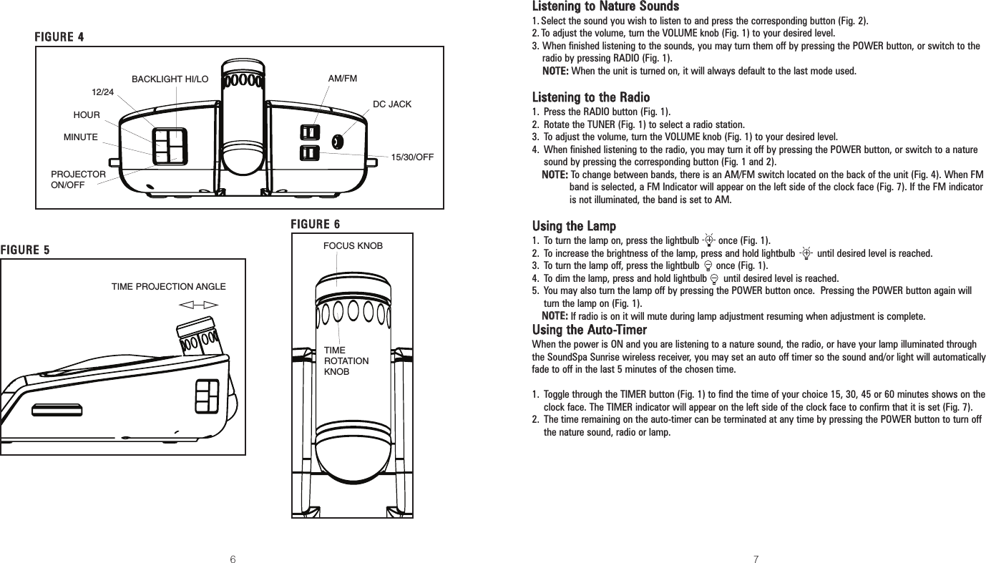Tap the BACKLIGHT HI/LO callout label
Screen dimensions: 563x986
coord(170,79)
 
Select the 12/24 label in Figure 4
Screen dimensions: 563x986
coord(103,92)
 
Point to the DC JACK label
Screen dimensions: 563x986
coord(392,104)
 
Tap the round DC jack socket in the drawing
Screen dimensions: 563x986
coord(338,142)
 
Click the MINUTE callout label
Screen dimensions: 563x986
coord(81,136)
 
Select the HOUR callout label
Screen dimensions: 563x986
coord(87,114)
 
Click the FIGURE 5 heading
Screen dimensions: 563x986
coord(25,250)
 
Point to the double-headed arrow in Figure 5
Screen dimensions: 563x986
coord(198,305)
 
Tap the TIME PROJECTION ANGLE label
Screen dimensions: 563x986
coord(168,287)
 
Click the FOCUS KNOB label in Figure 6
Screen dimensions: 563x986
coord(353,246)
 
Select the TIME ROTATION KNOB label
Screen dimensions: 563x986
coord(346,361)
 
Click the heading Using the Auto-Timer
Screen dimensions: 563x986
coord(590,330)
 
